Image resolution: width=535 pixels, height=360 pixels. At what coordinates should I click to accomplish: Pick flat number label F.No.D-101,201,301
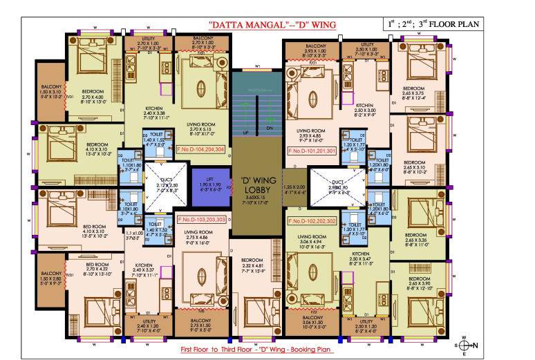tap(311, 149)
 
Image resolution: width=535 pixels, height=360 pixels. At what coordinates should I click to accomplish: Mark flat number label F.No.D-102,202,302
tap(311, 221)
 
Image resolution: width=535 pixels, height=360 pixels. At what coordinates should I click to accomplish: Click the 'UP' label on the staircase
tap(245, 131)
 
